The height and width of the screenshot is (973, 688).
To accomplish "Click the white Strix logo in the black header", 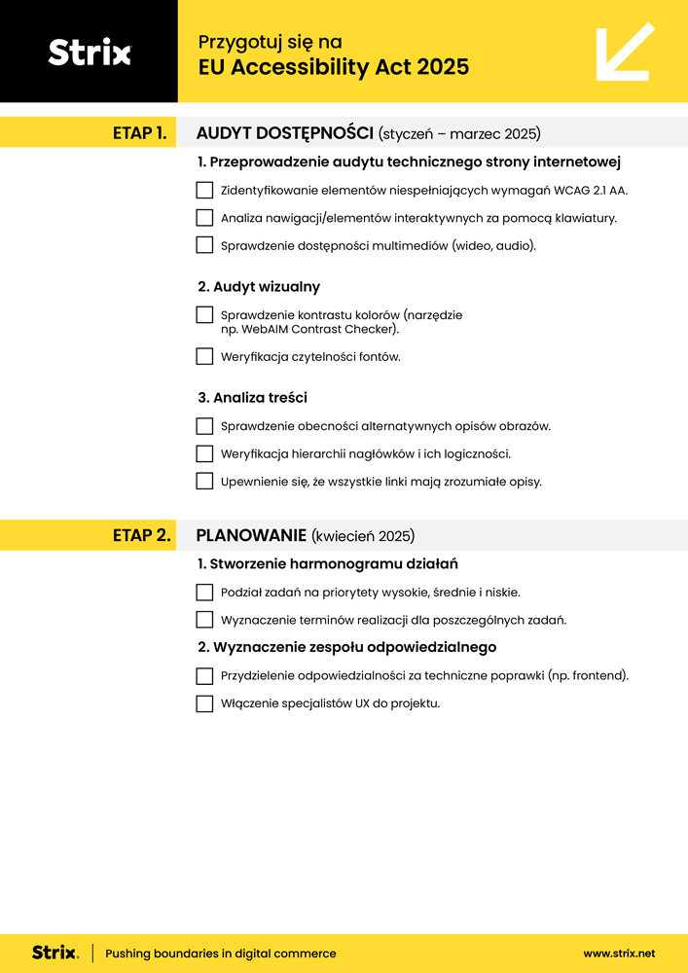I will coord(89,53).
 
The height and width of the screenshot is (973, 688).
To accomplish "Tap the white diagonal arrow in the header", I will coord(624,52).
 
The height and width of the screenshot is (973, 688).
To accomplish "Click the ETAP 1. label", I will coord(140,132).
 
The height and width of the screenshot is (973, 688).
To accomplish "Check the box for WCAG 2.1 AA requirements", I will coord(204,190).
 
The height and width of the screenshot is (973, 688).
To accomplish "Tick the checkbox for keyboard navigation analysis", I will coord(204,218).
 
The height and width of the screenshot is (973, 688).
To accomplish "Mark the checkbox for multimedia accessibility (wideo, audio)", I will coord(204,245).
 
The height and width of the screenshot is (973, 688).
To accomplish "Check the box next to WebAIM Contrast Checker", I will coord(204,315).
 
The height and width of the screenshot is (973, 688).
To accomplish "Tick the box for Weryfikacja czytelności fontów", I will coord(204,356).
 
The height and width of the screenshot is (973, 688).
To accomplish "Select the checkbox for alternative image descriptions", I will coord(204,426).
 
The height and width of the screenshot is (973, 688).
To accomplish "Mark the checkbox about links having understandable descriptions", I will coord(204,481).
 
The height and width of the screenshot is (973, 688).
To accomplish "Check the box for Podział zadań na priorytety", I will coord(204,592).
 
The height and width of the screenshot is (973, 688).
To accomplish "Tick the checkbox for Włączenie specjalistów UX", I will coord(204,703).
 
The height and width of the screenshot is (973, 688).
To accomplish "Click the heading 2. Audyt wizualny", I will coord(259,287).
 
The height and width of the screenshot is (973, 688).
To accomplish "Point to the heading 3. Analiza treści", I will coord(252,397).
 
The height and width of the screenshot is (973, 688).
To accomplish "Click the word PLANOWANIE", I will coord(251,535).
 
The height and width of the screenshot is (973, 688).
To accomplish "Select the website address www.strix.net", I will coord(619,954).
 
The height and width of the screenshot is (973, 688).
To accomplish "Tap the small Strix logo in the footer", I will coord(55,954).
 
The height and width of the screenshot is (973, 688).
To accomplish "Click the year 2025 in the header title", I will coord(443,67).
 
